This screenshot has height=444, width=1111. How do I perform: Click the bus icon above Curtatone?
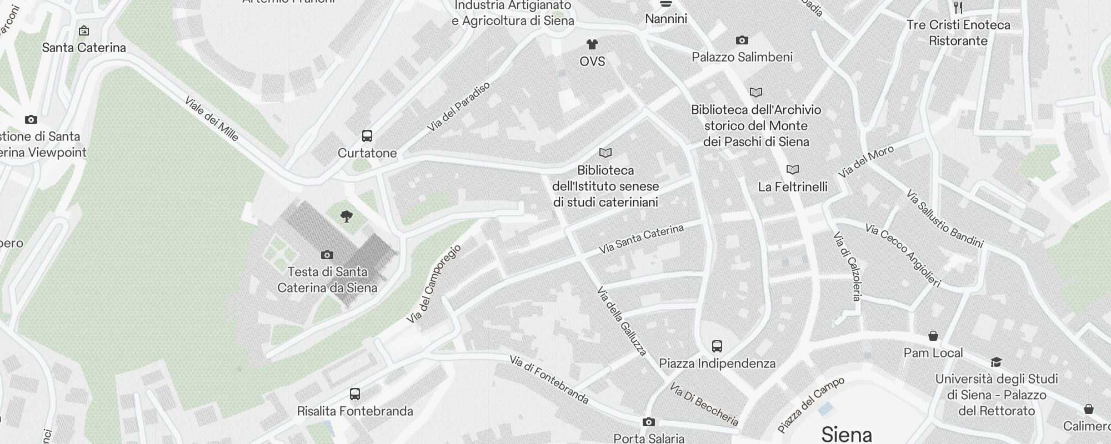click(x=367, y=136)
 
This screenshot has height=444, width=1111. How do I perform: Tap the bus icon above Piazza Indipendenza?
click(x=717, y=346)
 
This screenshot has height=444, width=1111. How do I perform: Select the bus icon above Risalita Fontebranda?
click(x=355, y=394)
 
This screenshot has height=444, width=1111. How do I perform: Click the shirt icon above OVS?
click(x=592, y=44)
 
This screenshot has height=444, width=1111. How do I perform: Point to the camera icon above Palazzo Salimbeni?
click(x=742, y=40)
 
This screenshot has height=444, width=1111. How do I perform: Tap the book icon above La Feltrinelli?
click(x=793, y=169)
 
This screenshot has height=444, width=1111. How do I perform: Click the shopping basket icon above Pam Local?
click(x=933, y=336)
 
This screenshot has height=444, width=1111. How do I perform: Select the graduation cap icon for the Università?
click(x=996, y=362)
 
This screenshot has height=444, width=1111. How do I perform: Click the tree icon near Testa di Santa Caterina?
click(x=347, y=216)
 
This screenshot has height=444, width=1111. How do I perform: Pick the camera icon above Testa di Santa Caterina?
click(x=327, y=255)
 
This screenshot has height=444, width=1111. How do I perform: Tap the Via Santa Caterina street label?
click(x=641, y=239)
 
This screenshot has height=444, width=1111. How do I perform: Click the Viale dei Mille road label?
click(x=212, y=119)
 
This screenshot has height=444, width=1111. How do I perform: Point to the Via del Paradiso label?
click(x=459, y=107)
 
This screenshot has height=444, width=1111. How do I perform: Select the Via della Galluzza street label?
click(x=622, y=321)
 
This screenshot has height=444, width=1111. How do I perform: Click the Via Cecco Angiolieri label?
click(x=903, y=255)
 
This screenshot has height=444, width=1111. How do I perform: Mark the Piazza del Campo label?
click(x=811, y=405)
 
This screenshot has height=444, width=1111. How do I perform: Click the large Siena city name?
click(x=847, y=434)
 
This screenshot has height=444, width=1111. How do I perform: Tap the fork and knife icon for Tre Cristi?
click(x=958, y=7)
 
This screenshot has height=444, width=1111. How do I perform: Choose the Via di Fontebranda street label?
click(x=549, y=380)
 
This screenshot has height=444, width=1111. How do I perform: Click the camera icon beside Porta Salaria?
click(x=648, y=422)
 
